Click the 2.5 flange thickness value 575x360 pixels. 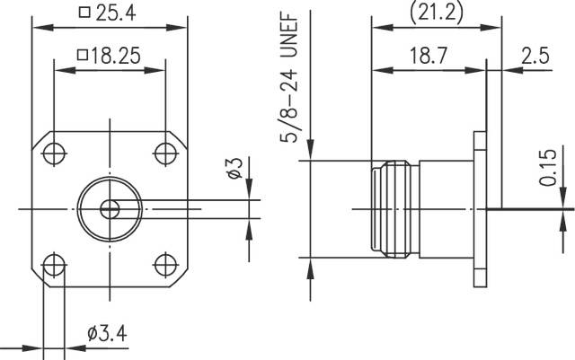click(x=537, y=56)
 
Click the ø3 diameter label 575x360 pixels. click(x=232, y=167)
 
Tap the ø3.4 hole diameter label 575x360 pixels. click(x=107, y=334)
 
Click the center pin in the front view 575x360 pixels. click(x=110, y=209)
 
